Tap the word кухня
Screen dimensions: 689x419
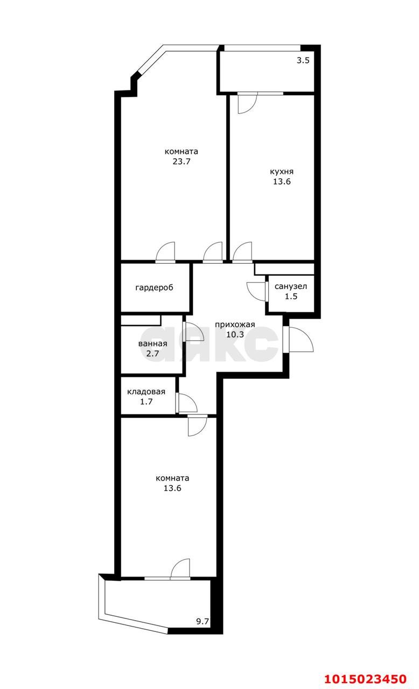282,172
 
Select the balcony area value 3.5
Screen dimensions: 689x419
303,61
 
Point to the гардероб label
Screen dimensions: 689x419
154,287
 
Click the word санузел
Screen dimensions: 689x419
291,286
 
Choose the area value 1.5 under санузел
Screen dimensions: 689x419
291,296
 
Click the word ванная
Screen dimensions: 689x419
152,344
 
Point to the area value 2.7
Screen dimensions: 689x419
152,354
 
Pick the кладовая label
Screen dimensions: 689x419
146,392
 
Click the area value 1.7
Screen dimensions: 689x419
146,402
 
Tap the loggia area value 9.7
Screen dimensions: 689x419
202,621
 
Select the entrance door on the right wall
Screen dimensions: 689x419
298,340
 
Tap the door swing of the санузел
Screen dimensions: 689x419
255,290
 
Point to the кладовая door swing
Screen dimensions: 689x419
186,402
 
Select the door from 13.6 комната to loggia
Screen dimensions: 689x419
180,570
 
